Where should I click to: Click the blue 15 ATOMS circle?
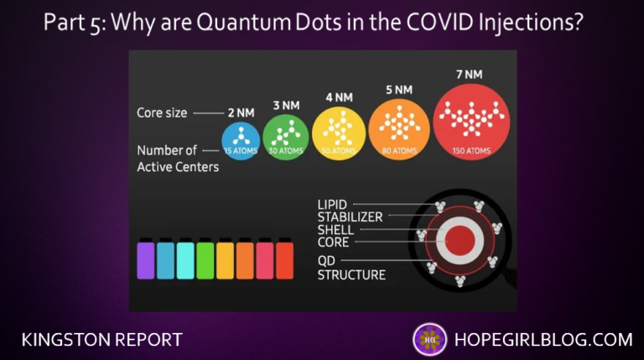pyautogui.click(x=241, y=141)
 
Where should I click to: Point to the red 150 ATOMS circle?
pyautogui.click(x=471, y=123)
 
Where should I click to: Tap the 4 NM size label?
pyautogui.click(x=339, y=97)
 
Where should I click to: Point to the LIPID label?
pyautogui.click(x=332, y=204)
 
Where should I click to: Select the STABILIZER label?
pyautogui.click(x=350, y=217)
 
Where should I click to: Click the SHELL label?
pyautogui.click(x=335, y=230)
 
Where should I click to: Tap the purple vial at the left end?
pyautogui.click(x=146, y=259)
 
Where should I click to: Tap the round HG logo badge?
pyautogui.click(x=429, y=339)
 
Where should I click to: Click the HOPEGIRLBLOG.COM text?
pyautogui.click(x=543, y=339)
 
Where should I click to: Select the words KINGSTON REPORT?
pyautogui.click(x=101, y=340)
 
